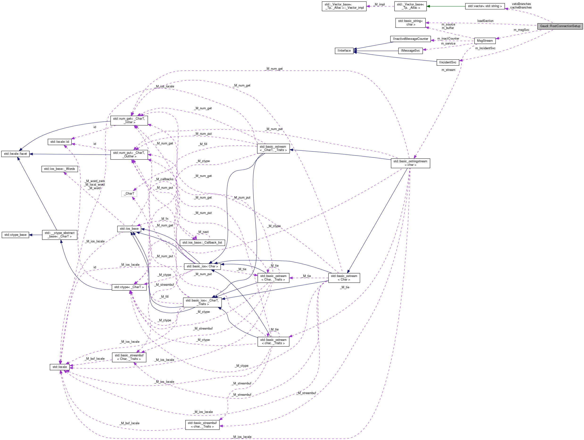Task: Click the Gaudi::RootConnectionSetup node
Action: pos(560,26)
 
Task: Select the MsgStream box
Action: pos(485,41)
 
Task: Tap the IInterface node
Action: pos(344,51)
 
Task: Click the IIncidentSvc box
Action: pos(447,62)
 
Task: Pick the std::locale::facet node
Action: pos(15,154)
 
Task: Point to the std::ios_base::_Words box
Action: pos(59,169)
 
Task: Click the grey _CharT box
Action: pos(129,194)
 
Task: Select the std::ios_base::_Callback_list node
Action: pos(202,243)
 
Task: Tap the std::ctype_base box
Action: pos(15,235)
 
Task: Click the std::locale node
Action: pos(59,367)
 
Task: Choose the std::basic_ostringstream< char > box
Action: pos(410,163)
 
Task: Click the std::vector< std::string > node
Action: pos(485,6)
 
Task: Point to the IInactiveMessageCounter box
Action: pos(410,39)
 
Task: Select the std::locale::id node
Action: pos(59,142)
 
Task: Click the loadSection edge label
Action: pos(485,21)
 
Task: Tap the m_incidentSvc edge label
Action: pos(485,48)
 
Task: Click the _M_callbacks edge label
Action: pos(165,179)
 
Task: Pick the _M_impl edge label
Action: pos(379,4)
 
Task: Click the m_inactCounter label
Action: pos(448,39)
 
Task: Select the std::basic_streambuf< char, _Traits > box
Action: pos(202,425)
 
